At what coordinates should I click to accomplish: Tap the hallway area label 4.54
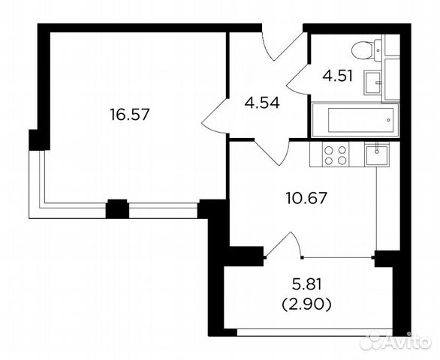(x=261, y=103)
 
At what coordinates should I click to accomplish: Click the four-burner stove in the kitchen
(x=335, y=155)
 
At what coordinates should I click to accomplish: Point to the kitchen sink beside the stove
(x=376, y=155)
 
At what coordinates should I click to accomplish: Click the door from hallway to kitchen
(x=272, y=152)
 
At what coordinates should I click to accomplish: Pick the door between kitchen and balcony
(x=282, y=244)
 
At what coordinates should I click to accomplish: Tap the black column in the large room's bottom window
(x=116, y=208)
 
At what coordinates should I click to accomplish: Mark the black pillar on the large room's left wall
(x=35, y=139)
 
